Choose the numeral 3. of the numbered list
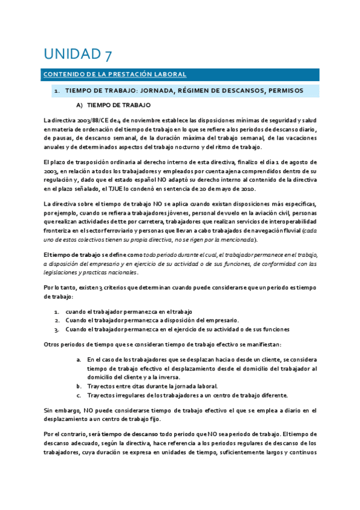57,329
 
